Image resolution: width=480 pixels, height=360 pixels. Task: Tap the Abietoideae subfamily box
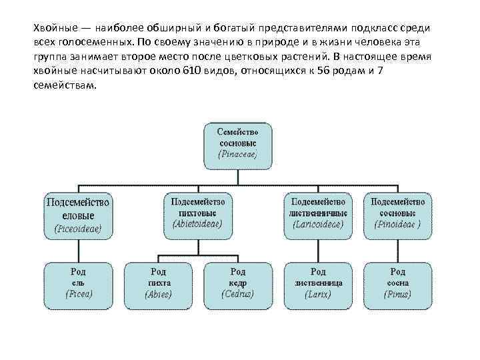click(x=197, y=213)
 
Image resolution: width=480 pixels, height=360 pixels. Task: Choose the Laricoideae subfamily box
click(x=317, y=213)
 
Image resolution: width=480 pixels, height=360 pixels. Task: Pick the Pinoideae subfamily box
click(x=397, y=213)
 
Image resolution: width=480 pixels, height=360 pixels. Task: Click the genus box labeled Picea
click(x=78, y=283)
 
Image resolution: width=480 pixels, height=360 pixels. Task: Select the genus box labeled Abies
click(x=158, y=283)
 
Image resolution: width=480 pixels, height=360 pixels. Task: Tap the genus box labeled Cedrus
click(x=237, y=283)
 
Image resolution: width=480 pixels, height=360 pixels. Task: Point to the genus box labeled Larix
click(x=317, y=283)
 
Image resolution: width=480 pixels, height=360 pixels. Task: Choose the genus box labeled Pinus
click(x=397, y=283)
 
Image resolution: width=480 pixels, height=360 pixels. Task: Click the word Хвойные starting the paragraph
click(x=55, y=28)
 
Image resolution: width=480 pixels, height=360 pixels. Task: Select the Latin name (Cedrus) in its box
click(x=237, y=294)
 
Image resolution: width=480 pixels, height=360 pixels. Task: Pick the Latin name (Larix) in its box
click(x=317, y=294)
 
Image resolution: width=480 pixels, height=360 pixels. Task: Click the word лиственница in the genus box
click(x=317, y=283)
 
